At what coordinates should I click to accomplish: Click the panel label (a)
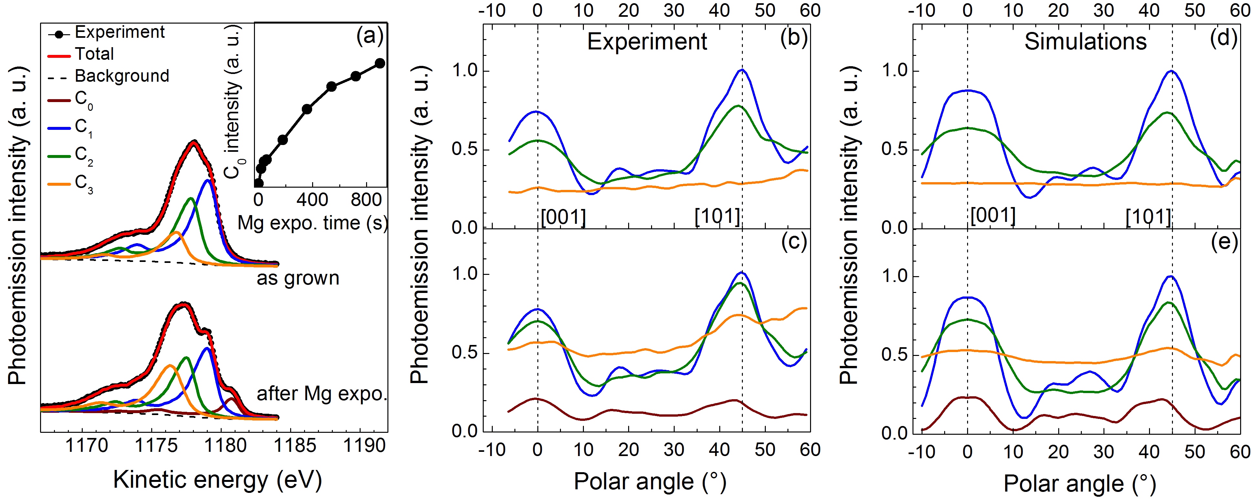[x=370, y=36]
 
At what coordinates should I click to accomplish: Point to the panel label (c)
[x=794, y=242]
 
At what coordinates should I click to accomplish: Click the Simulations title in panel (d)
[x=1085, y=41]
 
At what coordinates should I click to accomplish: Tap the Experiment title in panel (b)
[x=647, y=41]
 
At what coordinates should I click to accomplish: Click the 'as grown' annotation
[x=298, y=278]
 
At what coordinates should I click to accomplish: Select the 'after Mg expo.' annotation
[x=322, y=393]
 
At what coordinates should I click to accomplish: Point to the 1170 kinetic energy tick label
[x=86, y=445]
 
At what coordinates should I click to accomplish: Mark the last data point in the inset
[x=380, y=63]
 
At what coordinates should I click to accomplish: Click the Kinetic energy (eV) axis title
[x=217, y=480]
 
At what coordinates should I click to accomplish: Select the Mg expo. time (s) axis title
[x=312, y=223]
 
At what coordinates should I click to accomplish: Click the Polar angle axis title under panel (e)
[x=1079, y=483]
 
